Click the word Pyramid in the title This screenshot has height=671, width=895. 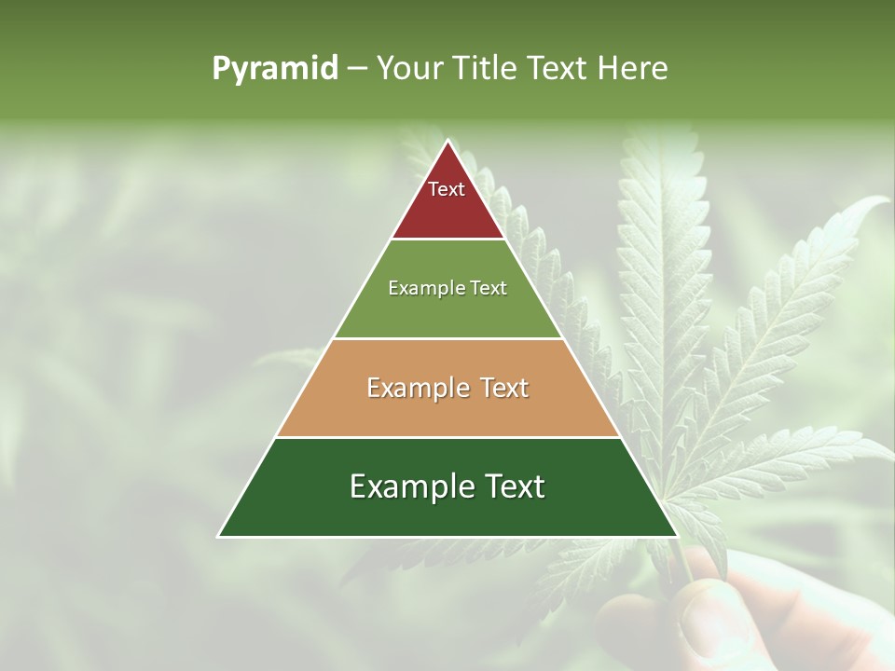point(275,69)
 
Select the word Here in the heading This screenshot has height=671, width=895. point(632,69)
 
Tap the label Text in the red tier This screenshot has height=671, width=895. point(447,189)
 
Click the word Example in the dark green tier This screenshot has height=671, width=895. point(407,487)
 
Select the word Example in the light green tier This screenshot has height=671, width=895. point(422,289)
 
